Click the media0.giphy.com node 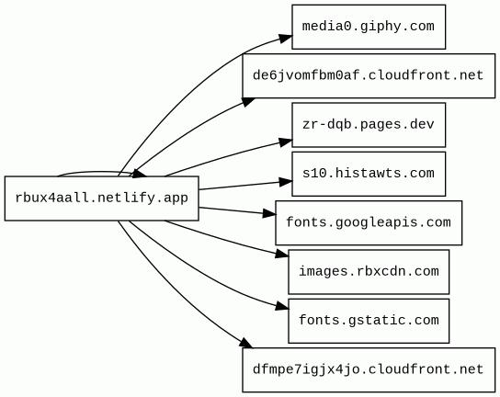(369, 27)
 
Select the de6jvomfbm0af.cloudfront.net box (369, 76)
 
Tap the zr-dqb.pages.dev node (369, 125)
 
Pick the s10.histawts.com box (369, 174)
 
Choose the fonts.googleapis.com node (369, 223)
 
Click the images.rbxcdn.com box (369, 272)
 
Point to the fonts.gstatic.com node (369, 321)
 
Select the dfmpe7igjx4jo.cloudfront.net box (369, 370)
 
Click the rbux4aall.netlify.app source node (102, 198)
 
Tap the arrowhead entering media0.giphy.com (286, 39)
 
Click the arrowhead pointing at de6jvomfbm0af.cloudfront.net (249, 101)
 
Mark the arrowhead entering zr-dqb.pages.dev (286, 142)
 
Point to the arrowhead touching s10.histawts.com (286, 182)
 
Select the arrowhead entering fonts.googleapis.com (269, 213)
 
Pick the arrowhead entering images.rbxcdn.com (282, 254)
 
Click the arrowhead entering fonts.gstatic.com (282, 306)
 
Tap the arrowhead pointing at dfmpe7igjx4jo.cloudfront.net (246, 344)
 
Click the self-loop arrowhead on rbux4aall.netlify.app (139, 174)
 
